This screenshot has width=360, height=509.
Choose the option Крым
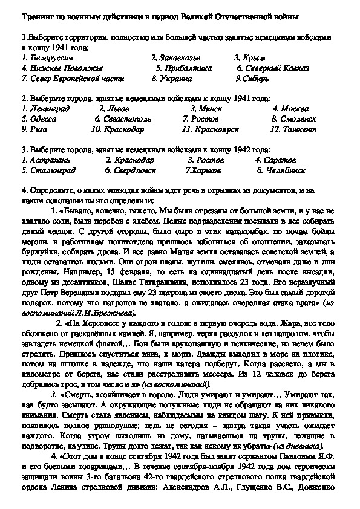click(x=250, y=57)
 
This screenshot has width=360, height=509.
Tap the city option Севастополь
click(x=120, y=119)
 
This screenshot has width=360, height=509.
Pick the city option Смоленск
click(x=295, y=119)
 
